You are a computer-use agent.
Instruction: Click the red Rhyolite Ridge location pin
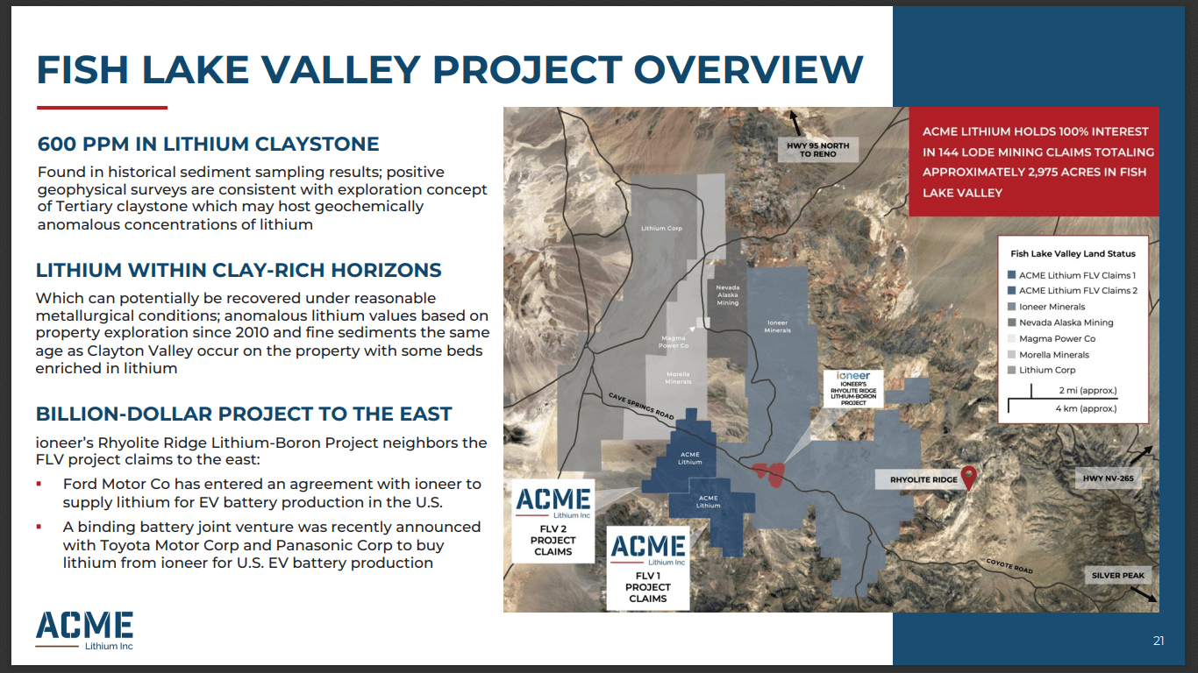pyautogui.click(x=968, y=477)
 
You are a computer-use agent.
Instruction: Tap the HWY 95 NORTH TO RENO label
pyautogui.click(x=817, y=148)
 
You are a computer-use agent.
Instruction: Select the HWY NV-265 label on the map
pyautogui.click(x=1108, y=478)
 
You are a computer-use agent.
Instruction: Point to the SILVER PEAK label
pyautogui.click(x=1118, y=576)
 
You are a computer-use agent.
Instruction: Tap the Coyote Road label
pyautogui.click(x=1010, y=565)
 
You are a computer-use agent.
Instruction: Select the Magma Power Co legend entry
pyautogui.click(x=1057, y=338)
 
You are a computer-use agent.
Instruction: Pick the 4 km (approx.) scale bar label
pyautogui.click(x=1086, y=408)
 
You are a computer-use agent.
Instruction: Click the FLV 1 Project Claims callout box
pyautogui.click(x=648, y=568)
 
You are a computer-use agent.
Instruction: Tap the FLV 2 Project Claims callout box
pyautogui.click(x=553, y=521)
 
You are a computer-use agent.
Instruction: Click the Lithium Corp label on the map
pyautogui.click(x=661, y=229)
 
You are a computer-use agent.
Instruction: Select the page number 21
pyautogui.click(x=1159, y=641)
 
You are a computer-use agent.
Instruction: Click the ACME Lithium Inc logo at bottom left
pyautogui.click(x=84, y=630)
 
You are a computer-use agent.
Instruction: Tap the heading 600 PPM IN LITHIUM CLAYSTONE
pyautogui.click(x=208, y=145)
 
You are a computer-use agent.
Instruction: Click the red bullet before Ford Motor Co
pyautogui.click(x=39, y=484)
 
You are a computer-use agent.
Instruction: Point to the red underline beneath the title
pyautogui.click(x=102, y=108)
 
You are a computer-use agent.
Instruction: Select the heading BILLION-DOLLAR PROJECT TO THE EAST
pyautogui.click(x=244, y=414)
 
